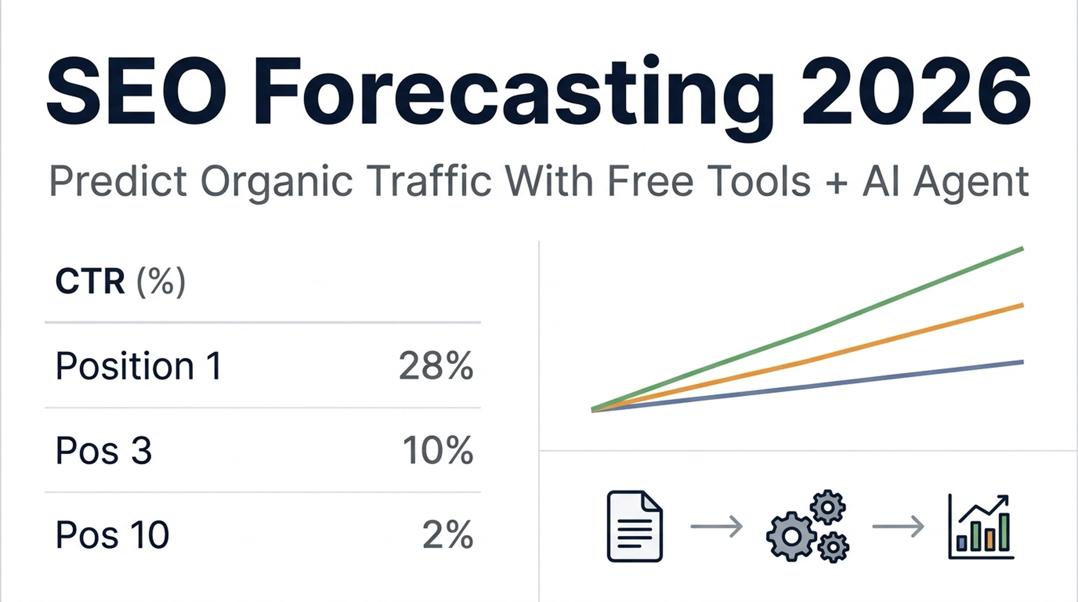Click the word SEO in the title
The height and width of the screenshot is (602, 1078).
tap(136, 91)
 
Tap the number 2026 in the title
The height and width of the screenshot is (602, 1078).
tap(916, 91)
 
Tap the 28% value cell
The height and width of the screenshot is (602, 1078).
tap(436, 366)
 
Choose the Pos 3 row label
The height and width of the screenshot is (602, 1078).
tap(103, 451)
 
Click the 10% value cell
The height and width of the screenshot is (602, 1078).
tap(438, 451)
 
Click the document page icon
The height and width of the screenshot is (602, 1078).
tap(635, 526)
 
